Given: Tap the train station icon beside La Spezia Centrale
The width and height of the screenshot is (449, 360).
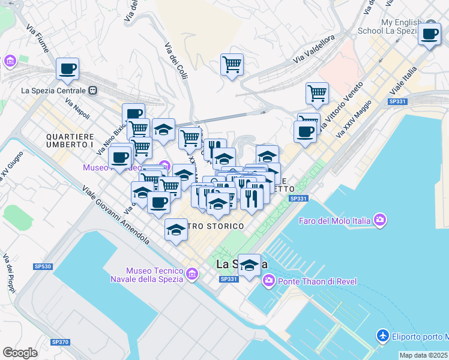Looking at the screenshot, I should [93, 91].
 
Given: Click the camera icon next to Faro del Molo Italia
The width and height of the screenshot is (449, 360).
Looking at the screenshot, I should [379, 221].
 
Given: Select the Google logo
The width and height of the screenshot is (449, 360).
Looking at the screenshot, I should [20, 353].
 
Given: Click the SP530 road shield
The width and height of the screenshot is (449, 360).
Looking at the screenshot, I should [43, 266].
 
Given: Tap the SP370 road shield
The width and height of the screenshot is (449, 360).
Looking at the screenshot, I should [60, 342].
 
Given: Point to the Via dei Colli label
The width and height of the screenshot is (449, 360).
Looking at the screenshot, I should [176, 62].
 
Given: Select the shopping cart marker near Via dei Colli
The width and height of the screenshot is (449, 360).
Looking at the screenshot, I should [232, 64].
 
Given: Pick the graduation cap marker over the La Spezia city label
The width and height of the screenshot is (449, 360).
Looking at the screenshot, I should [249, 265].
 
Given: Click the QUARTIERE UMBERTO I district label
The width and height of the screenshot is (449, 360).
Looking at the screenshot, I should [69, 140].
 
